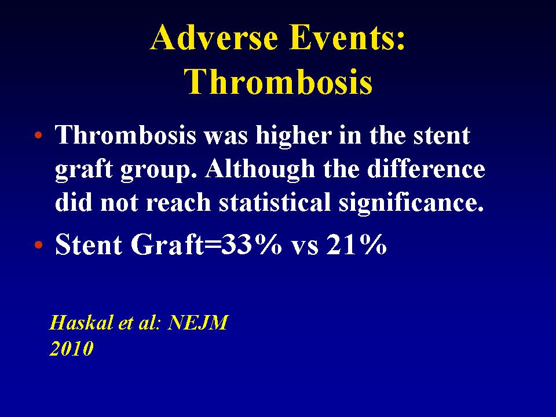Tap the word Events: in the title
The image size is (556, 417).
347,37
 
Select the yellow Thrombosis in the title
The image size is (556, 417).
279,81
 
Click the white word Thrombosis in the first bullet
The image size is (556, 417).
126,135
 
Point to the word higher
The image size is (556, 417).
294,136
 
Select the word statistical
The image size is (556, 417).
275,202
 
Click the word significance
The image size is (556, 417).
411,203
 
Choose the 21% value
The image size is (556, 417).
356,244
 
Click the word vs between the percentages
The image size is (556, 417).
304,247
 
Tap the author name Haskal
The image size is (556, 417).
82,323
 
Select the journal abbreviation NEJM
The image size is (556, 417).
197,323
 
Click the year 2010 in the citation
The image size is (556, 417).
71,348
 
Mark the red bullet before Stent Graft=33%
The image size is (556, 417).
39,244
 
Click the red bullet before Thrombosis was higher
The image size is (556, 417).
39,135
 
